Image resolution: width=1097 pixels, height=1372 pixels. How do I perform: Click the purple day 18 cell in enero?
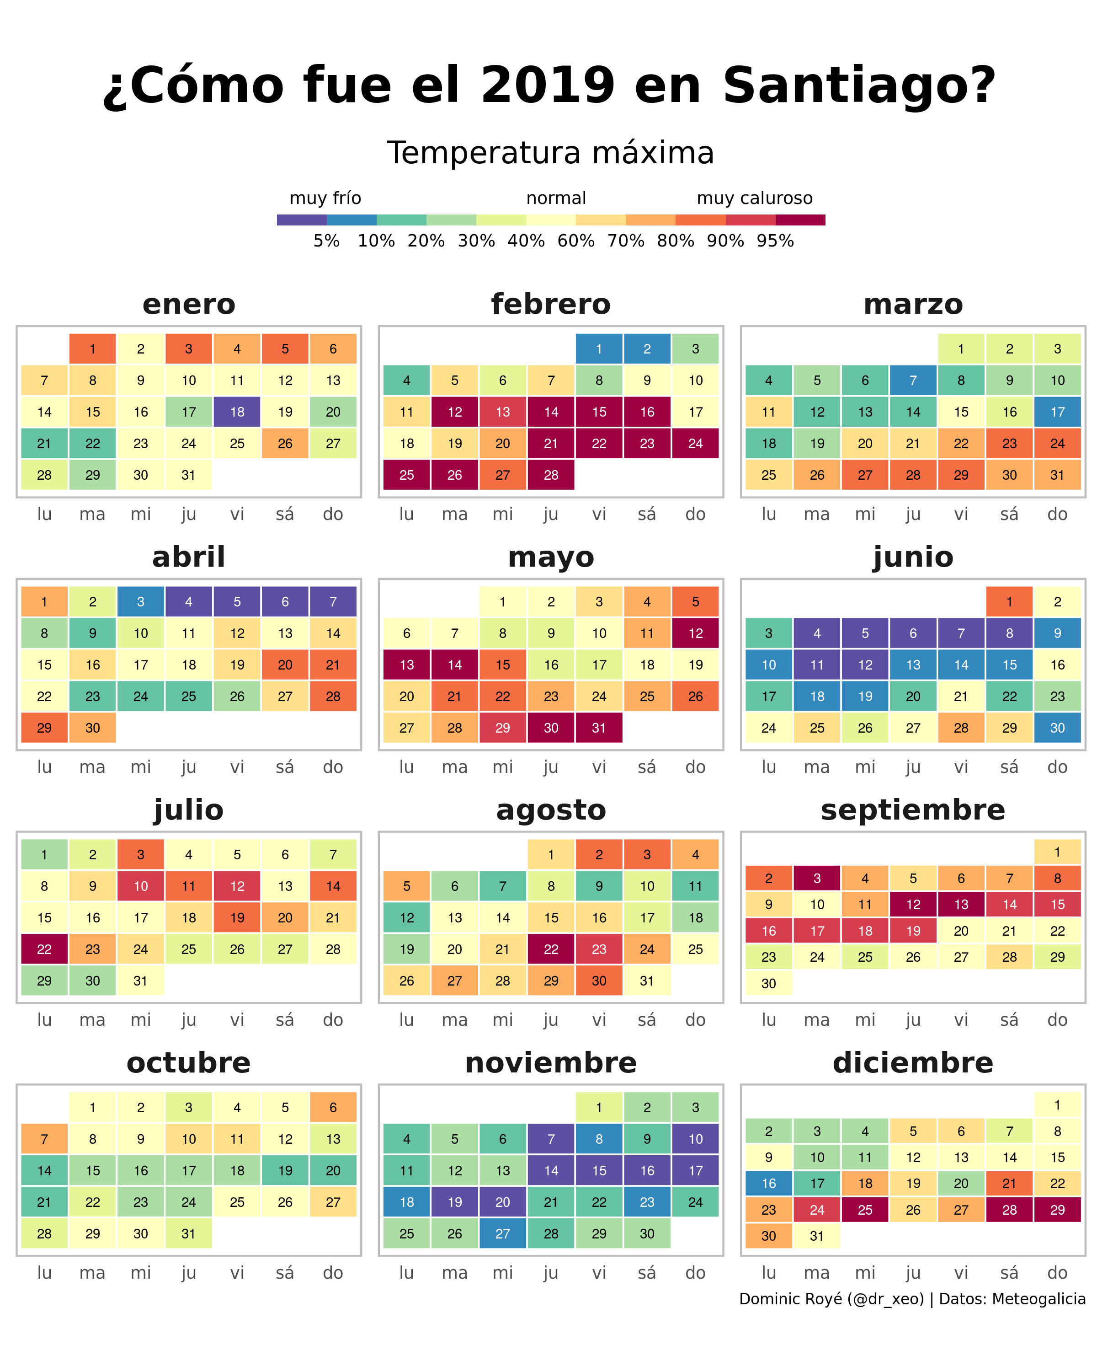237,412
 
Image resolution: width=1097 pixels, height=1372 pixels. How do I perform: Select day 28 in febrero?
551,475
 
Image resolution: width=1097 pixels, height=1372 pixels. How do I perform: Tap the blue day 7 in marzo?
913,380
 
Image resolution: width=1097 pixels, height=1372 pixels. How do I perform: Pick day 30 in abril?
92,727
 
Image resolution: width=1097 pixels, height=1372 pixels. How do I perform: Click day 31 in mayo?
598,727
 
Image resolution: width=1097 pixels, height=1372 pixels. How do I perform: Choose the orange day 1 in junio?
1009,601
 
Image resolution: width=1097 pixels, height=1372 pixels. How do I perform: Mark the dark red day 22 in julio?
44,949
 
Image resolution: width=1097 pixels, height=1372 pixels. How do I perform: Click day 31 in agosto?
647,980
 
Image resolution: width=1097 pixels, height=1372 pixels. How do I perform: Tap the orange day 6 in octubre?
333,1107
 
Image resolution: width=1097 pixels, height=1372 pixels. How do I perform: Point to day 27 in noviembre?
502,1233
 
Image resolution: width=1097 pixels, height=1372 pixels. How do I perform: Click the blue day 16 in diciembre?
768,1183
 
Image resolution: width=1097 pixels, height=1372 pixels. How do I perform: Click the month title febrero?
551,304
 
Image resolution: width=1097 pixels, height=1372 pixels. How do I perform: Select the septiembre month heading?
913,809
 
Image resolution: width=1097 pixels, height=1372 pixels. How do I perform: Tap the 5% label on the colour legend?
326,241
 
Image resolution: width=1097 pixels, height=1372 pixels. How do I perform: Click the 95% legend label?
775,241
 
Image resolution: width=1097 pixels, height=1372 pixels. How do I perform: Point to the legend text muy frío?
325,198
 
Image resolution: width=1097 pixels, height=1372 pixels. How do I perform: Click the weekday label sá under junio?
1009,767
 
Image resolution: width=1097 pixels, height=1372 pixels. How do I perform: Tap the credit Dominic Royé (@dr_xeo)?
831,1298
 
